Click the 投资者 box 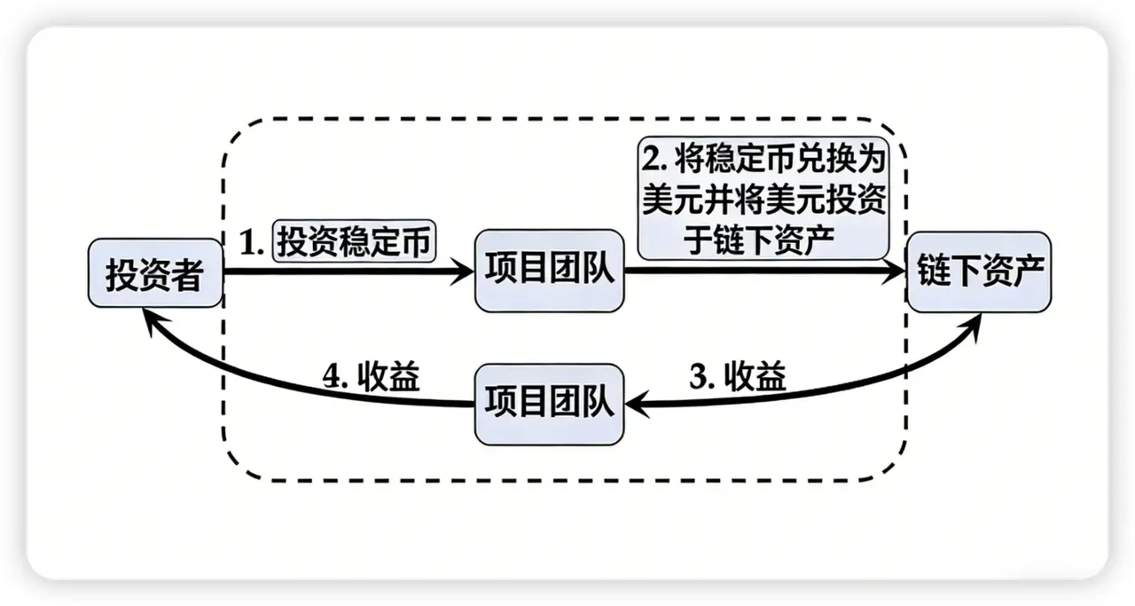155,273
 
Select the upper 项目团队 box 549,271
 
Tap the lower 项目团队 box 549,404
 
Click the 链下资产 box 979,271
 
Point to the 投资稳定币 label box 356,240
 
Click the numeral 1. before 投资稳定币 254,241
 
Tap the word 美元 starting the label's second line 666,201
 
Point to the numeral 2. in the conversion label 657,161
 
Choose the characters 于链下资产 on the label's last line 763,240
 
